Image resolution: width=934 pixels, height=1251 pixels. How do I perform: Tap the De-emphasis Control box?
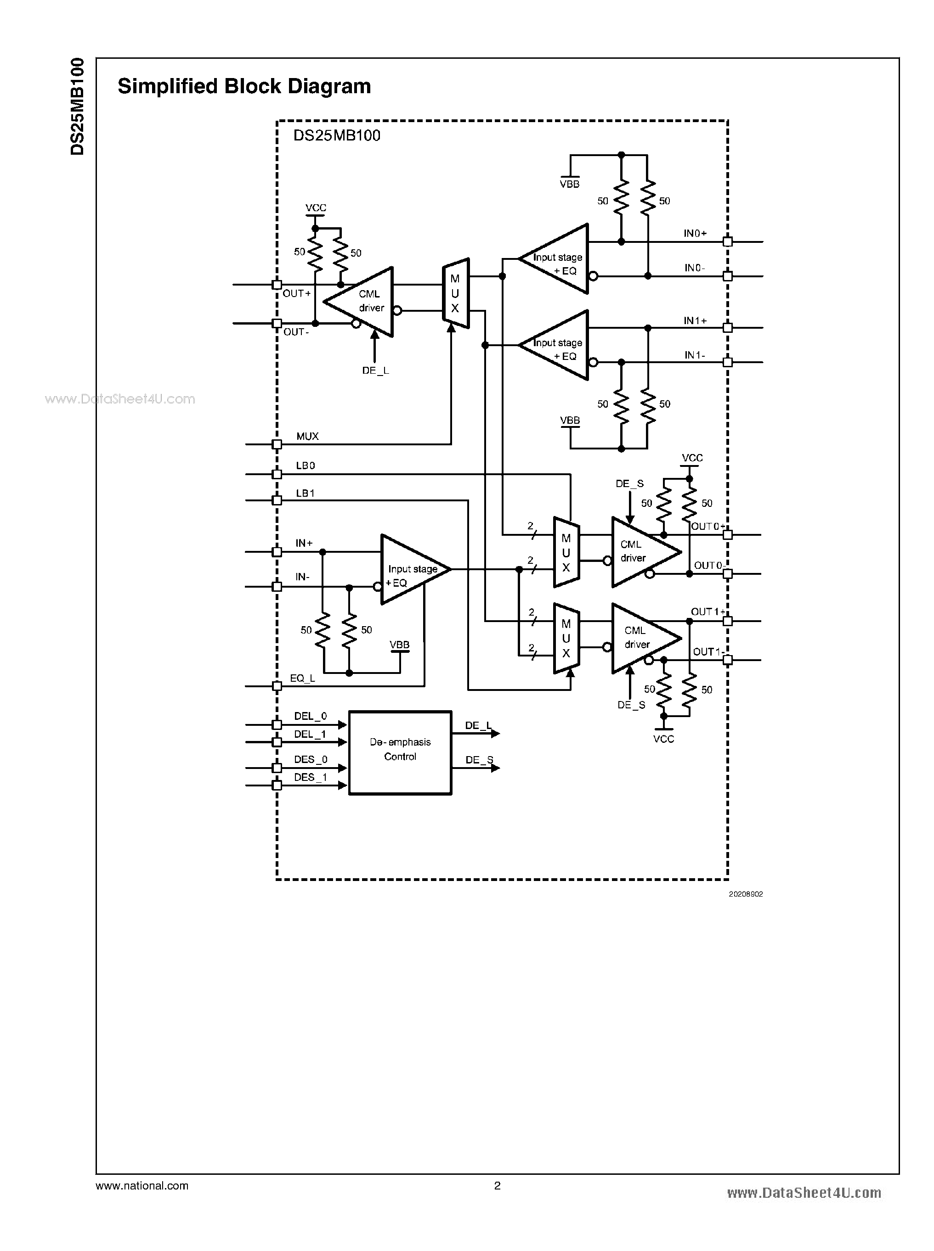click(400, 752)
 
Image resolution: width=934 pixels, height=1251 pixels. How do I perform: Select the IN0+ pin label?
click(695, 233)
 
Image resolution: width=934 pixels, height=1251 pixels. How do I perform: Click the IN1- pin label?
click(695, 355)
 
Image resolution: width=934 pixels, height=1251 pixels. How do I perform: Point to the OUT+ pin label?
click(297, 294)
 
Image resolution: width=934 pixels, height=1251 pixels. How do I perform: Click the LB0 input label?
click(306, 466)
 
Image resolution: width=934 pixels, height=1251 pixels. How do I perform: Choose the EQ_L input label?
click(302, 678)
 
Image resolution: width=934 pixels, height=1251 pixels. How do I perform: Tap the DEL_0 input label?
click(311, 716)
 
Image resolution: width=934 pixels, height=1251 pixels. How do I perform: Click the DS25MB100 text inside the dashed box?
click(336, 135)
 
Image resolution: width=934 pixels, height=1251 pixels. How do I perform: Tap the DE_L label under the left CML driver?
click(375, 370)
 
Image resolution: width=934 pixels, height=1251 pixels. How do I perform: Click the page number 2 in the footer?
click(497, 1185)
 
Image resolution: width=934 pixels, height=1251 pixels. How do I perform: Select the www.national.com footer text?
click(142, 1185)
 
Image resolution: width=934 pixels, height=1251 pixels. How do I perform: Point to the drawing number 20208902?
click(745, 894)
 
